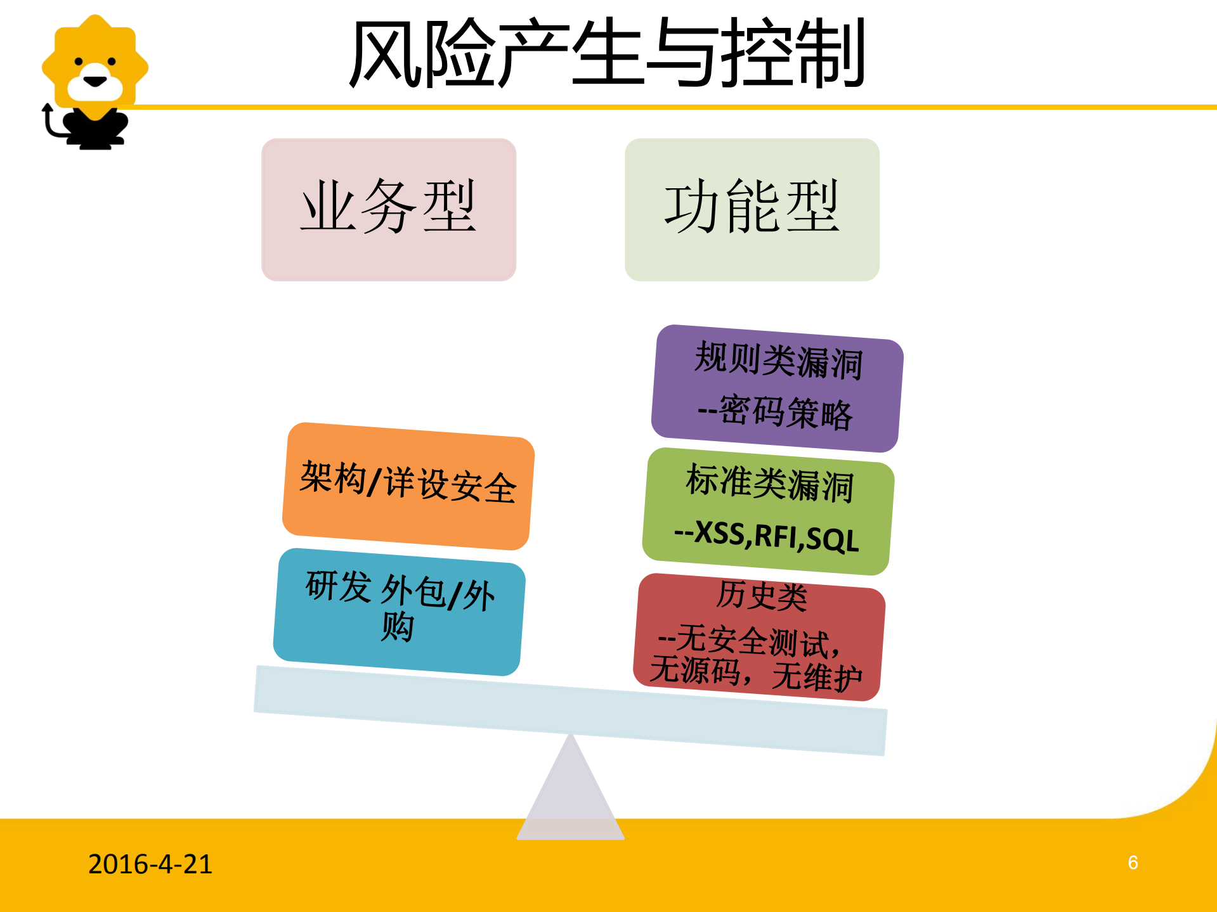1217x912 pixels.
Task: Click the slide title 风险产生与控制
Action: coord(608,53)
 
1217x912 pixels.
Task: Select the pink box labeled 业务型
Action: coord(388,209)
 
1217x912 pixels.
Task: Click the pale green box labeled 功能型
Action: coord(752,209)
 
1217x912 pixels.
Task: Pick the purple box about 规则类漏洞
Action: coord(777,388)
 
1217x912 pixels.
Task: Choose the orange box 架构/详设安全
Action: coord(408,485)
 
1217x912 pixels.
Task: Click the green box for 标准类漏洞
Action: coord(768,511)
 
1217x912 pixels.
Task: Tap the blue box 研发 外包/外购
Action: coord(399,612)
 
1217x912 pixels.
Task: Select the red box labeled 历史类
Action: coord(759,636)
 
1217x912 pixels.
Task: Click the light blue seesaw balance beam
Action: coord(569,710)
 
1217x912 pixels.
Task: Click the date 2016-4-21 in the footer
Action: coord(150,864)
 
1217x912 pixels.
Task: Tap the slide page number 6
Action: coord(1133,863)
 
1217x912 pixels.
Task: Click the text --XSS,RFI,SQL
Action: coord(766,536)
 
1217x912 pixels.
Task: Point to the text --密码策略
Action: coord(775,412)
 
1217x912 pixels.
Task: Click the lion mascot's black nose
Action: coord(95,81)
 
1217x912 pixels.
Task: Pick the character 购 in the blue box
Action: coord(398,627)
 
